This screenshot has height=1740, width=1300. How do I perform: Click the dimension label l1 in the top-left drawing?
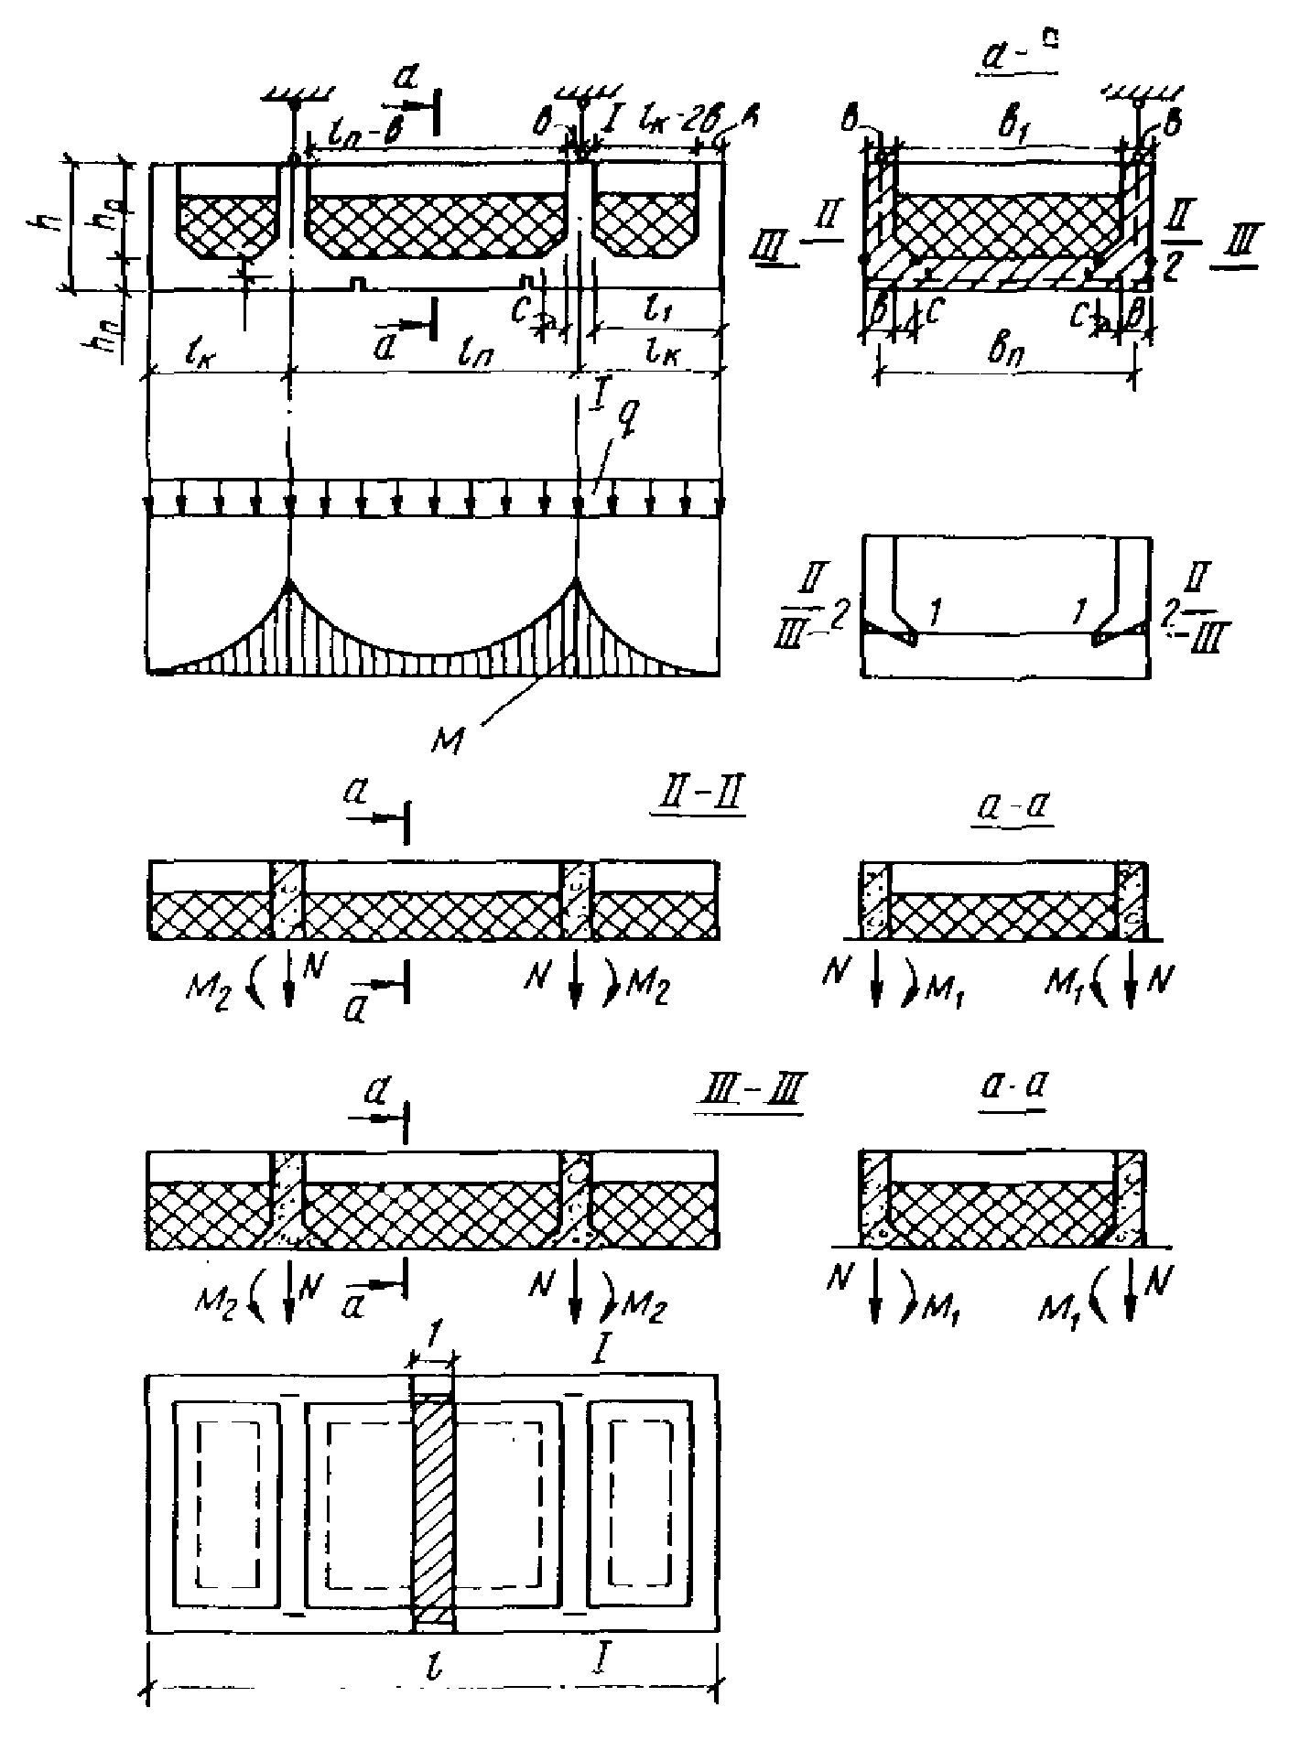(x=654, y=313)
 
